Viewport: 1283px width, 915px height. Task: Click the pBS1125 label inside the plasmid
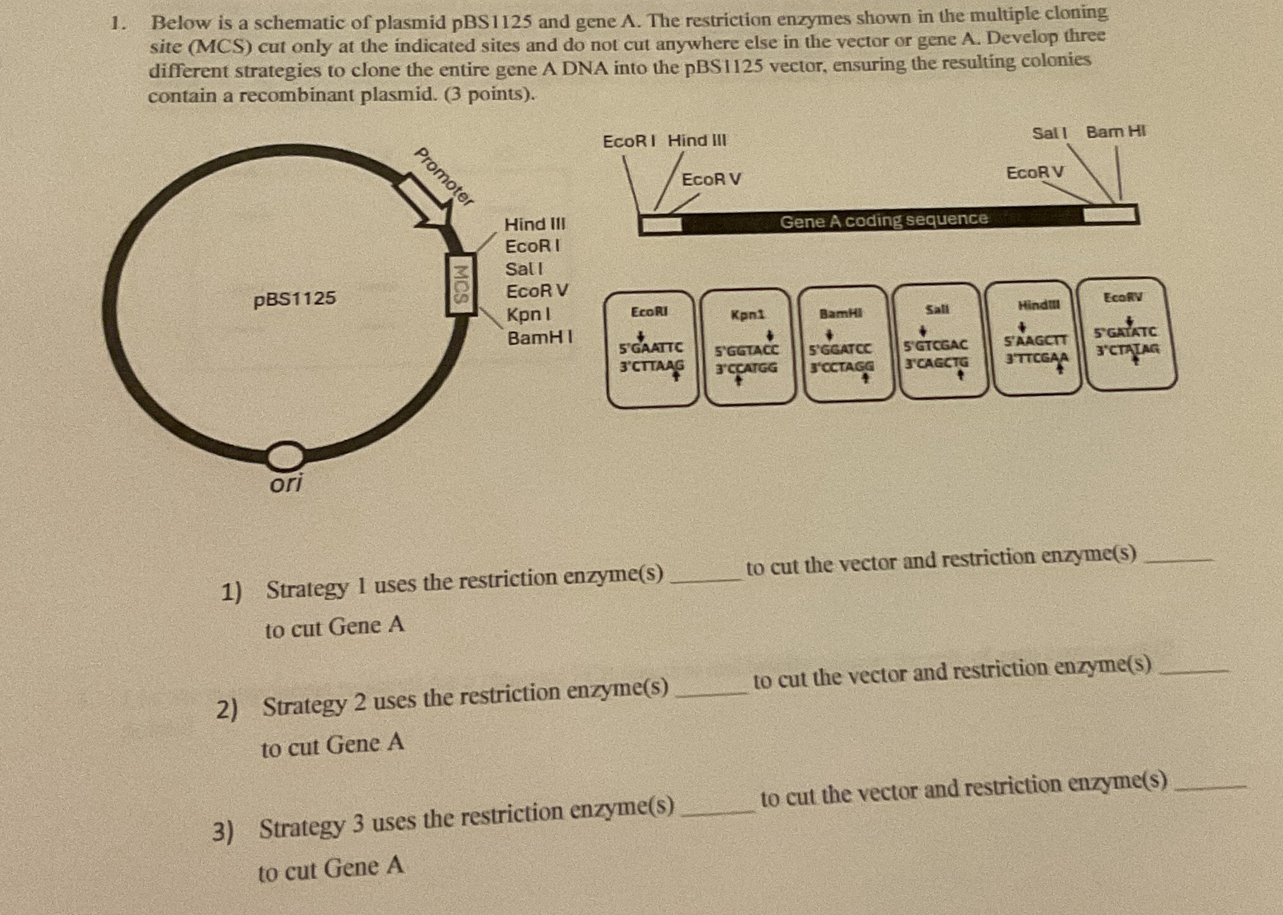click(295, 298)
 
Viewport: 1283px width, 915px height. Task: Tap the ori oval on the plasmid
click(285, 455)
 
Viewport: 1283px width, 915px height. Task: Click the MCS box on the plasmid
click(461, 284)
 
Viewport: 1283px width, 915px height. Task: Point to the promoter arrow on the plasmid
click(423, 202)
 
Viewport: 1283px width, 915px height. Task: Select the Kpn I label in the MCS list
click(528, 314)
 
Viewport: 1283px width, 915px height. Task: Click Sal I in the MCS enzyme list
click(524, 269)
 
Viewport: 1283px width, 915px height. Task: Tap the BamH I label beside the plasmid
click(540, 338)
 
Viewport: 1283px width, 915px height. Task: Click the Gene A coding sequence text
click(883, 220)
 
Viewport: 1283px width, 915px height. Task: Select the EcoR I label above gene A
click(629, 141)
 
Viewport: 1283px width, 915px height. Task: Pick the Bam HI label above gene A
click(1115, 132)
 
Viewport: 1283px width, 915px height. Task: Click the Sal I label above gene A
click(1049, 133)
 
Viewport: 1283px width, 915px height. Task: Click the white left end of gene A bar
click(661, 224)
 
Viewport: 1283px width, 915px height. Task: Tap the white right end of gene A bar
click(1110, 214)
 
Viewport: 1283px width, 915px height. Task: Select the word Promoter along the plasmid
click(444, 176)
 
